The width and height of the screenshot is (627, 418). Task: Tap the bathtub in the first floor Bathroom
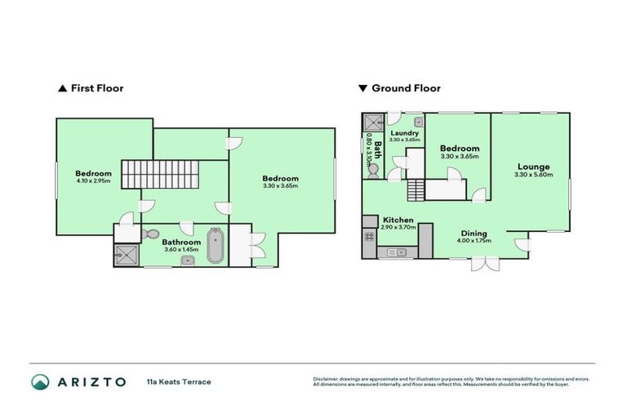pyautogui.click(x=215, y=246)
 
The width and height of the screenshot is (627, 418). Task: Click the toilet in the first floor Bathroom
pyautogui.click(x=149, y=235)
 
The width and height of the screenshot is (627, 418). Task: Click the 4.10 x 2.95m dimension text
pyautogui.click(x=93, y=180)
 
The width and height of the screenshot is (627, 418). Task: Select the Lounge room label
pyautogui.click(x=533, y=167)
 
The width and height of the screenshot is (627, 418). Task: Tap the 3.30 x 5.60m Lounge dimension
pyautogui.click(x=534, y=175)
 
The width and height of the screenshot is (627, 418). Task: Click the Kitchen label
pyautogui.click(x=398, y=220)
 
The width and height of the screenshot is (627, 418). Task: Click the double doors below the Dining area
pyautogui.click(x=483, y=264)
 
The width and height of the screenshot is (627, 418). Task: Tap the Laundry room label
pyautogui.click(x=405, y=133)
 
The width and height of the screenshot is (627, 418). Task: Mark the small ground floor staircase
pyautogui.click(x=416, y=189)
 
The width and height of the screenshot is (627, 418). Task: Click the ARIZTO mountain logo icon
pyautogui.click(x=41, y=381)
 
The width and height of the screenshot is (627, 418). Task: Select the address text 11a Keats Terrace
pyautogui.click(x=178, y=381)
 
